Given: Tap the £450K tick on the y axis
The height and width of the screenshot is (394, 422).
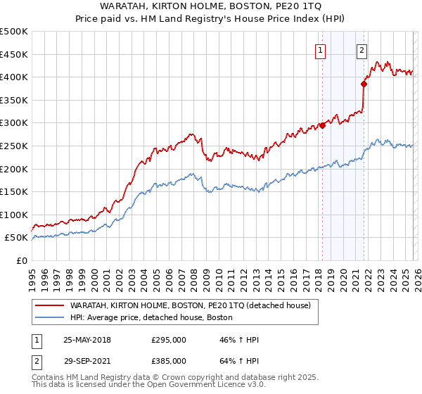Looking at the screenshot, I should click(14, 54).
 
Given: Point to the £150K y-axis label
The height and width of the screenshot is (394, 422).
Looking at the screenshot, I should click(14, 191).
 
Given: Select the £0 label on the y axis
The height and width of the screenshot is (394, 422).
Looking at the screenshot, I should click(21, 260).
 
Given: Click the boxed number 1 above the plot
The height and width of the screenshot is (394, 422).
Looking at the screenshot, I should click(321, 50).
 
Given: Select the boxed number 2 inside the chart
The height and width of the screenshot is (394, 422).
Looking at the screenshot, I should click(362, 50).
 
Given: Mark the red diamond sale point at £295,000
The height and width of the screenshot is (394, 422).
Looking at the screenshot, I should click(322, 125).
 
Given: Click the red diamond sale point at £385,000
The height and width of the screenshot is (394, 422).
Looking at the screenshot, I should click(364, 84).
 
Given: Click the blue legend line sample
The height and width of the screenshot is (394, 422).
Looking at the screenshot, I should click(49, 318).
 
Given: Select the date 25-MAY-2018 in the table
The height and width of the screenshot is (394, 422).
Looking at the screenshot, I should click(87, 340).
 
